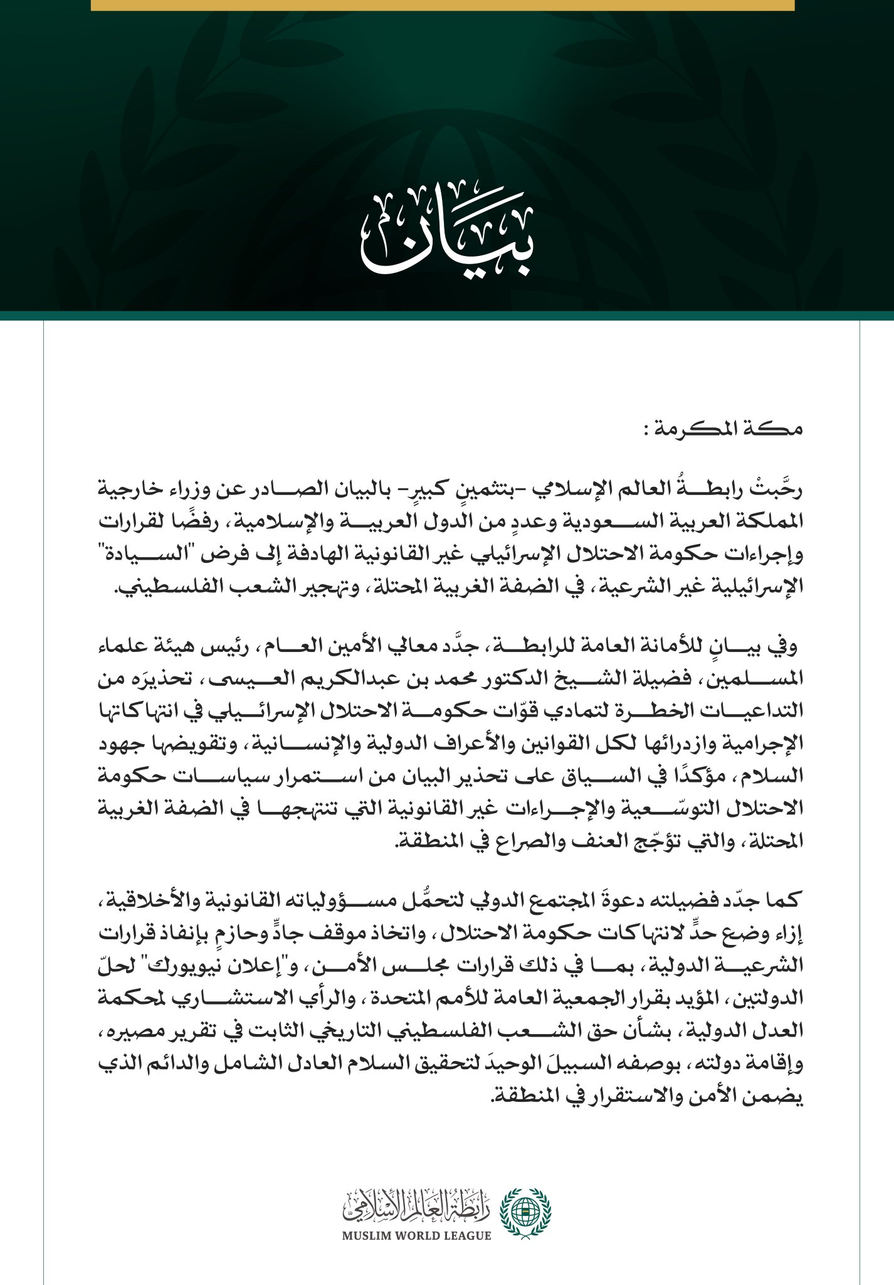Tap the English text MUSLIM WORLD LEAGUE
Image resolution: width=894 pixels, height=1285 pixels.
point(416,1236)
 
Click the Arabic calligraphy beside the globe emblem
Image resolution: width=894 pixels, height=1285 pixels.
point(416,1205)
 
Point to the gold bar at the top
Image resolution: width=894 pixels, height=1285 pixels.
point(443,5)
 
